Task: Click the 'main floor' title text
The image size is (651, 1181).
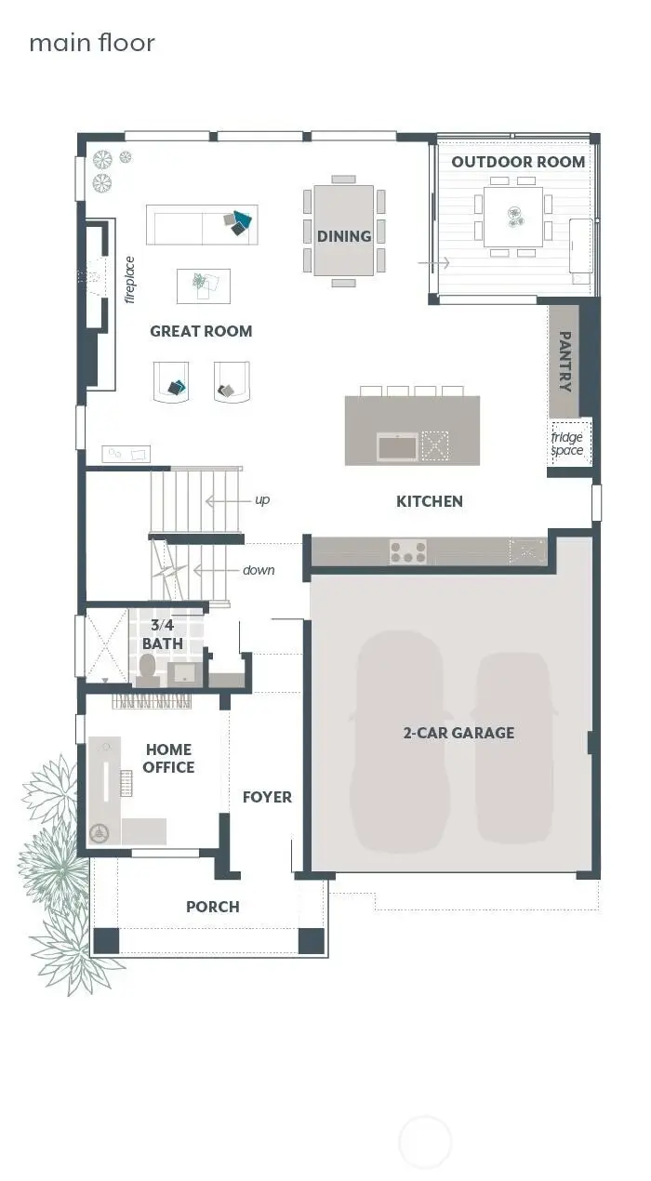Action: click(92, 43)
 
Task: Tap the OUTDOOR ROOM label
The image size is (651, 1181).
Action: click(518, 162)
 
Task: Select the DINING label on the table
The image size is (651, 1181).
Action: click(344, 236)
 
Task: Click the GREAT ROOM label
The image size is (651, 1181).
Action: click(201, 331)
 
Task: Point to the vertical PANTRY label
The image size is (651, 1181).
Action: click(564, 362)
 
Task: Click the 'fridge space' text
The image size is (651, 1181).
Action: click(567, 444)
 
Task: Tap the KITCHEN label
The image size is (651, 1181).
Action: click(429, 501)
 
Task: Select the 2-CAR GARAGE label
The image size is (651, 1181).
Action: click(458, 733)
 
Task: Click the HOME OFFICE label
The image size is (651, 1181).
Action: click(168, 758)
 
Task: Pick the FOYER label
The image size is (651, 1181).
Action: click(267, 797)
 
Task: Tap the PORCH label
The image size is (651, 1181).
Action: click(212, 907)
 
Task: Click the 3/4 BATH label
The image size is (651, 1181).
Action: click(162, 634)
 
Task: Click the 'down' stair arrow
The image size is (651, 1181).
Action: click(219, 570)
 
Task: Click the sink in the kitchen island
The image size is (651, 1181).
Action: click(397, 446)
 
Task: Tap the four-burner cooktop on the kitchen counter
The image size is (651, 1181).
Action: click(408, 552)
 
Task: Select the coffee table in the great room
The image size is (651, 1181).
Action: click(204, 285)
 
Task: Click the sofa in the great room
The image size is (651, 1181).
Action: click(201, 225)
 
